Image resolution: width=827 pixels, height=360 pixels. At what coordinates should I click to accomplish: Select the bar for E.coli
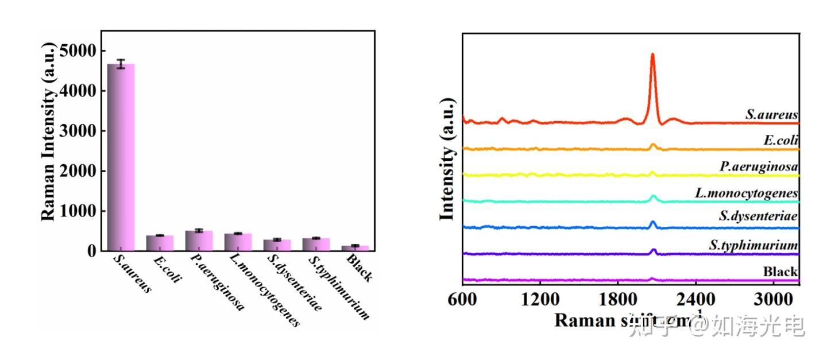[160, 243]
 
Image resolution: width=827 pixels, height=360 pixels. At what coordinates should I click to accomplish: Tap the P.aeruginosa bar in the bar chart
[199, 241]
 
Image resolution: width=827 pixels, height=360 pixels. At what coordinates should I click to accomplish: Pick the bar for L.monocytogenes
[238, 242]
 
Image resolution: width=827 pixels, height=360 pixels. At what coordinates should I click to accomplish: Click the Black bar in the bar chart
[355, 248]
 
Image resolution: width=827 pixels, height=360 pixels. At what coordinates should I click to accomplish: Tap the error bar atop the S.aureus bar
[121, 64]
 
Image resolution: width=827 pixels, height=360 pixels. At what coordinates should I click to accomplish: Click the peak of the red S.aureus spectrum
[652, 55]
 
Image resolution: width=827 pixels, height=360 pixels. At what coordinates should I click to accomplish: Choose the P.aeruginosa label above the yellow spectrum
[759, 167]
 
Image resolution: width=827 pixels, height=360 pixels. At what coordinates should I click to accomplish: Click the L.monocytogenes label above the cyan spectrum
[746, 193]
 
